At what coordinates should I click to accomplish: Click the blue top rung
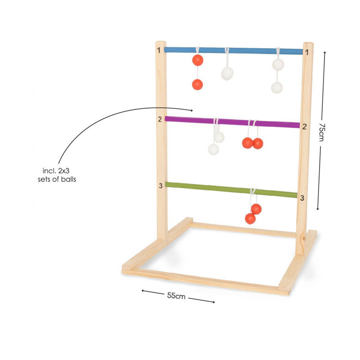252,51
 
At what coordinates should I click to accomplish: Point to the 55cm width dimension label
176,296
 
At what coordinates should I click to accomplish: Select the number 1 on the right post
306,53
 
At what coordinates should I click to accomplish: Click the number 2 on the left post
160,119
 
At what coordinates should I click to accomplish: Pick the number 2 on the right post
304,126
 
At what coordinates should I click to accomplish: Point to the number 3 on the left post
160,185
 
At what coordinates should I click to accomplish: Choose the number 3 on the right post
302,198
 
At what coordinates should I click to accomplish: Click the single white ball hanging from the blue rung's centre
227,73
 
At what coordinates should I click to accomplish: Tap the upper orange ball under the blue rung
198,60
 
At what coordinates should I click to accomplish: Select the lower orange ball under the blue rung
198,84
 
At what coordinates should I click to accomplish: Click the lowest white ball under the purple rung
213,149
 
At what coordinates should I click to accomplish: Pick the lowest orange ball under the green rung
250,218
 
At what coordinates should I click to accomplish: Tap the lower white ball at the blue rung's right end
277,87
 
